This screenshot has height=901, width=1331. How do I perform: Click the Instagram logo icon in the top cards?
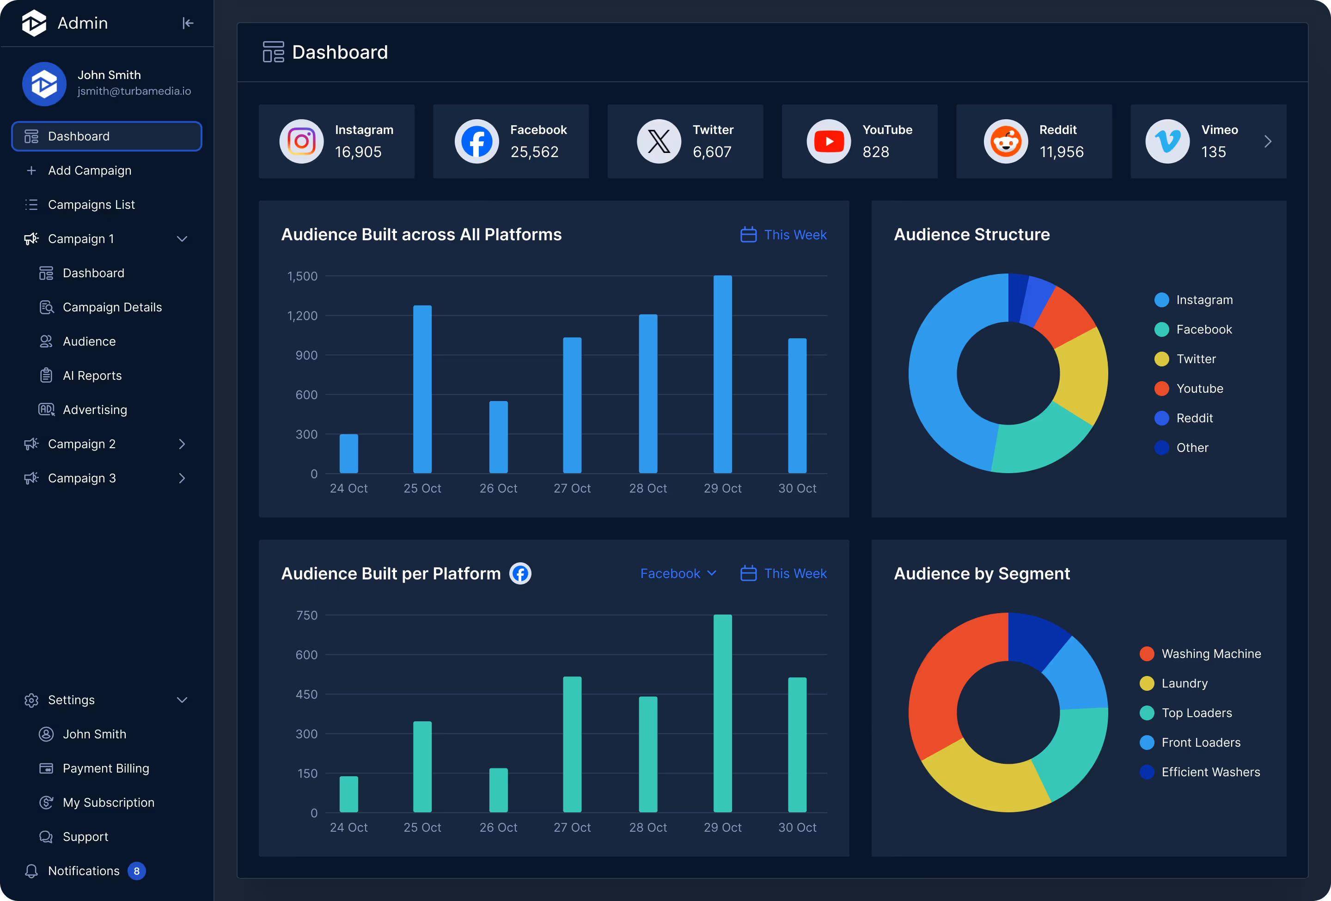pyautogui.click(x=301, y=141)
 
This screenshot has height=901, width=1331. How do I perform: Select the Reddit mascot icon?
pyautogui.click(x=1006, y=141)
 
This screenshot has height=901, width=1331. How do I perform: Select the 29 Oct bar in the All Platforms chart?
pyautogui.click(x=722, y=375)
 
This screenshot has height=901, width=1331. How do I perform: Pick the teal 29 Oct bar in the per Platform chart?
pyautogui.click(x=722, y=714)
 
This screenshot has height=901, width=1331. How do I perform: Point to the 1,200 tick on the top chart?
pyautogui.click(x=302, y=316)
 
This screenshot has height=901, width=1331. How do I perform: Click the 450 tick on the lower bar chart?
pyautogui.click(x=306, y=694)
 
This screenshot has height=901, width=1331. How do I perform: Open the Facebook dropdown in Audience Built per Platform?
pyautogui.click(x=678, y=573)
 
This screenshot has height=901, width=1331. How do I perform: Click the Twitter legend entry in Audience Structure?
pyautogui.click(x=1195, y=359)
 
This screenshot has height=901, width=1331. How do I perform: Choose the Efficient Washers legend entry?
pyautogui.click(x=1209, y=772)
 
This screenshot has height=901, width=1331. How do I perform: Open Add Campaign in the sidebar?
pyautogui.click(x=89, y=170)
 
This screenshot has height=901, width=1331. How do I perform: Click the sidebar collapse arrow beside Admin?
pyautogui.click(x=188, y=23)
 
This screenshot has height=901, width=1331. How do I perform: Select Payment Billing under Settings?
pyautogui.click(x=105, y=768)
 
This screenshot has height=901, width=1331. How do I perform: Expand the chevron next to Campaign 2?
pyautogui.click(x=182, y=444)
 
